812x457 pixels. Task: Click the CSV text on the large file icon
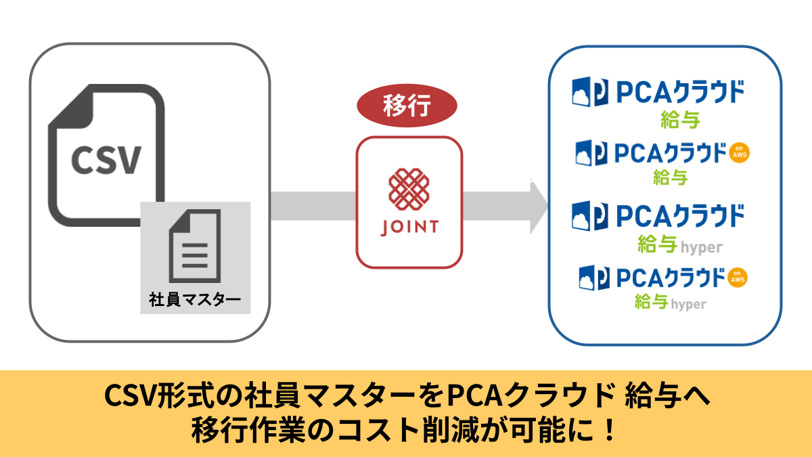(107, 160)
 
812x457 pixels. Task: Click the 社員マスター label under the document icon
(195, 298)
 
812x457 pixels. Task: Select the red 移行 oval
(407, 107)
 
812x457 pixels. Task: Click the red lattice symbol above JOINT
(409, 188)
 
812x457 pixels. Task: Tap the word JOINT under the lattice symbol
(409, 227)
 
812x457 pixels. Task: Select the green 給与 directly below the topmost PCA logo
(679, 121)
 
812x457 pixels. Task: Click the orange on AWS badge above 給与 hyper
(740, 277)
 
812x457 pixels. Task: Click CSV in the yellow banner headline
(129, 396)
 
